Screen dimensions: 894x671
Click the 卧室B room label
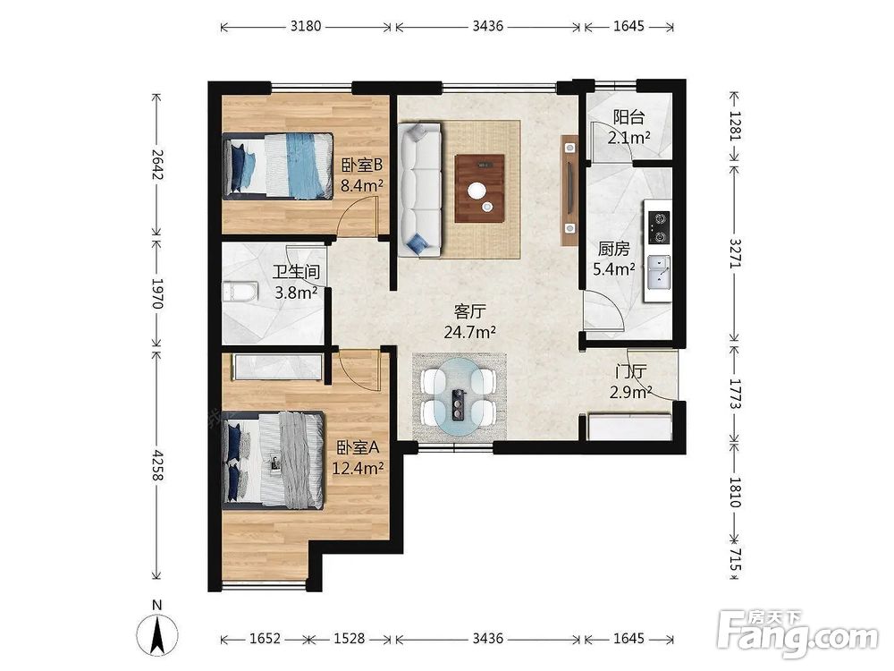[361, 166]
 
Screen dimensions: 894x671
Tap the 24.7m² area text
[469, 332]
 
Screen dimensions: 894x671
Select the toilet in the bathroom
[240, 292]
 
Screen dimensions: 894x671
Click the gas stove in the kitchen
[659, 227]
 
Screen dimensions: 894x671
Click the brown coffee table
[479, 188]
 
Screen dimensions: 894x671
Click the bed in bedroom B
[278, 166]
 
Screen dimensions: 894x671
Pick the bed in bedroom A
[274, 461]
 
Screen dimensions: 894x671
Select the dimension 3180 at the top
[306, 26]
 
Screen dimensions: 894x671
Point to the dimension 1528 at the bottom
[349, 639]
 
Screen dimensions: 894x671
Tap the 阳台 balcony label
[628, 117]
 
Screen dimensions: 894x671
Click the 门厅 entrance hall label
[630, 372]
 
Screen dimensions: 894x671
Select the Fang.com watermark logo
[797, 633]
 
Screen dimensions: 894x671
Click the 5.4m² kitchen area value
[614, 268]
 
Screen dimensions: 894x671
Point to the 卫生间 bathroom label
[296, 272]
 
